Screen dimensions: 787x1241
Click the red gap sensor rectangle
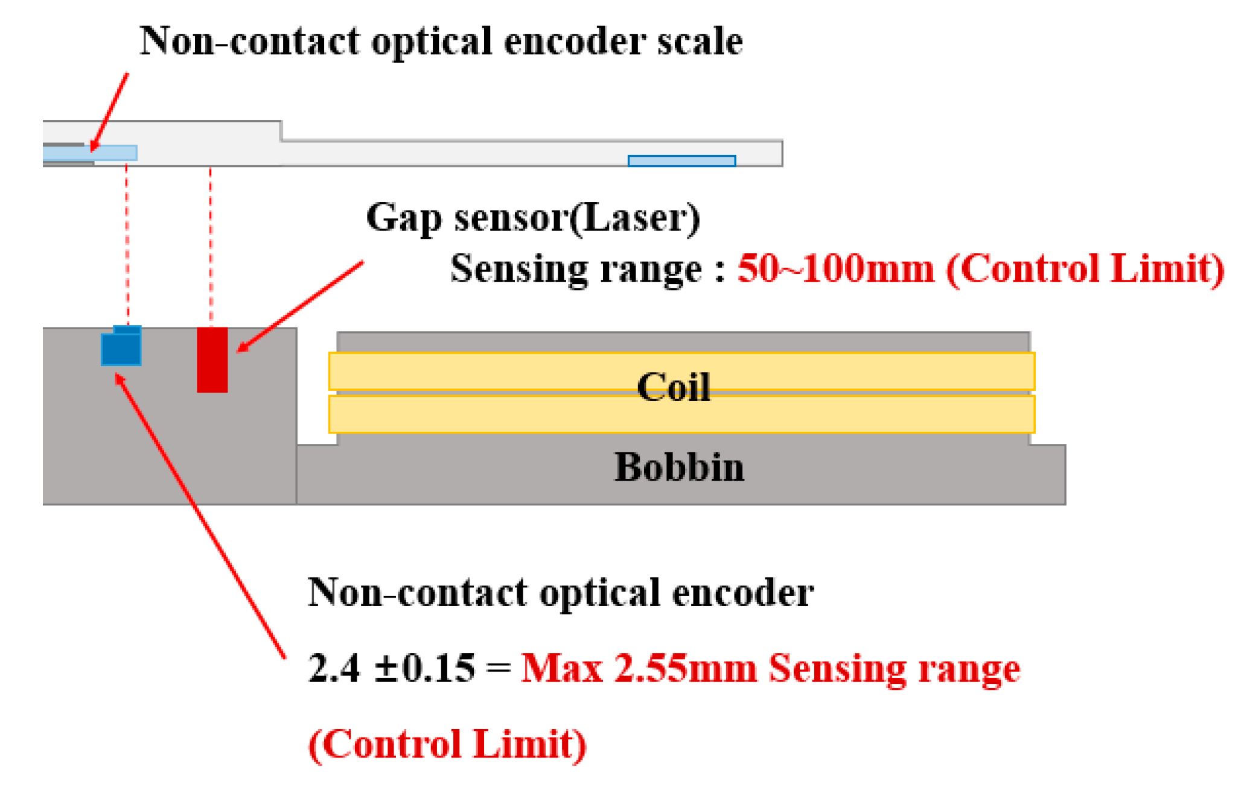(212, 360)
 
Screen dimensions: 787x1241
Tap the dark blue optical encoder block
(121, 349)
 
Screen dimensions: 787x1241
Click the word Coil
(673, 387)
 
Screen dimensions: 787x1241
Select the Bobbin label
(679, 467)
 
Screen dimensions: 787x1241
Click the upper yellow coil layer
(483, 371)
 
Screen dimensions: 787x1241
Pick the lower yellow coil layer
(483, 414)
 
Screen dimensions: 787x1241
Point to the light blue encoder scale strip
(91, 153)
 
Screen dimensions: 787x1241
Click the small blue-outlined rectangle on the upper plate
(681, 160)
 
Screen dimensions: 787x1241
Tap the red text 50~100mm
(836, 268)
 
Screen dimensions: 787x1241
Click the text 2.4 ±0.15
(391, 668)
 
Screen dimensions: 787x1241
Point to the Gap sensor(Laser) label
(533, 217)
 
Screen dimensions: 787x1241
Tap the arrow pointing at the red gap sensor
(300, 306)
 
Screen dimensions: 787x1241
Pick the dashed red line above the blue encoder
(127, 241)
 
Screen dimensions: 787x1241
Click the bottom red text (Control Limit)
(447, 744)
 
